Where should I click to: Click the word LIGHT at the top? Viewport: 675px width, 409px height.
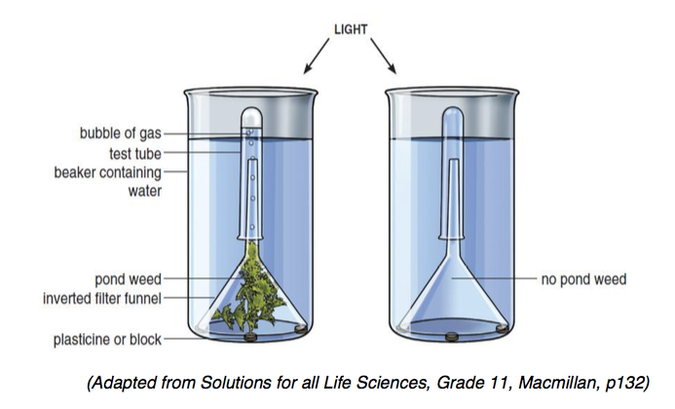pyautogui.click(x=351, y=29)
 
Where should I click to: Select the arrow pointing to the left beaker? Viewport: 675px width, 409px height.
pyautogui.click(x=317, y=56)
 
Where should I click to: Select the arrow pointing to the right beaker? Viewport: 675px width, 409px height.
pyautogui.click(x=383, y=56)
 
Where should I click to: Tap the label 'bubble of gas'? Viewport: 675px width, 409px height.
pyautogui.click(x=121, y=133)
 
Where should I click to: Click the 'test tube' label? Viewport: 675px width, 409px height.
pyautogui.click(x=135, y=153)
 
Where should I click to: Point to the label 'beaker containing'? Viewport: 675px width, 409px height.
pyautogui.click(x=107, y=172)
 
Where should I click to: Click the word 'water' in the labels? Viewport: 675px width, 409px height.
pyautogui.click(x=144, y=191)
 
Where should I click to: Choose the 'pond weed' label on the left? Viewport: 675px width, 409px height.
pyautogui.click(x=129, y=279)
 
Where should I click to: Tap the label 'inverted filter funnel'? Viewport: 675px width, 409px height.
pyautogui.click(x=102, y=298)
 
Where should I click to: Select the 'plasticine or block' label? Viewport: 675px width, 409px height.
pyautogui.click(x=107, y=340)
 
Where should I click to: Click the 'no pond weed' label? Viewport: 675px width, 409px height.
pyautogui.click(x=583, y=279)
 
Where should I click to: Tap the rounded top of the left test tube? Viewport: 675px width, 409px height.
pyautogui.click(x=251, y=115)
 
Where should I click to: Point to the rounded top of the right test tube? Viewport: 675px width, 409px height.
pyautogui.click(x=453, y=115)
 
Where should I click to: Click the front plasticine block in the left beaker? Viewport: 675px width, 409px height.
pyautogui.click(x=249, y=338)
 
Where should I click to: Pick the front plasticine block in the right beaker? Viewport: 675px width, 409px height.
pyautogui.click(x=451, y=337)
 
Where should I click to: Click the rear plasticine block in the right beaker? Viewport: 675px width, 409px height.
pyautogui.click(x=501, y=328)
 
